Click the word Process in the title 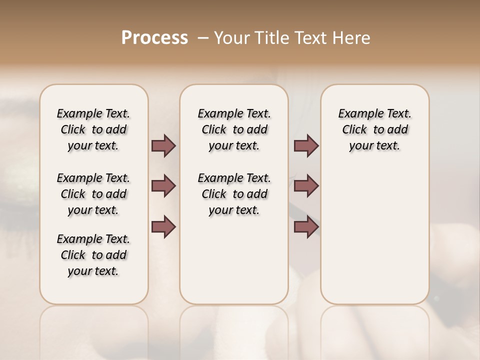154,37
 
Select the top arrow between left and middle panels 163,145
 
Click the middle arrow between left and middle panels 163,186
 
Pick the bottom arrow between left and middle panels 163,227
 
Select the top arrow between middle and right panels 306,145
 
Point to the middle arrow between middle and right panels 306,186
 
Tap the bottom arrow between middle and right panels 306,227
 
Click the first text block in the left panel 93,129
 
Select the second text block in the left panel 93,194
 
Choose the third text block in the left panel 93,255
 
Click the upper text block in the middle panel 234,129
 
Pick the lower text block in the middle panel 234,194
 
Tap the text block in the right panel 374,129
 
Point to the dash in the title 203,37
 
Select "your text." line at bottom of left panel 93,271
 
